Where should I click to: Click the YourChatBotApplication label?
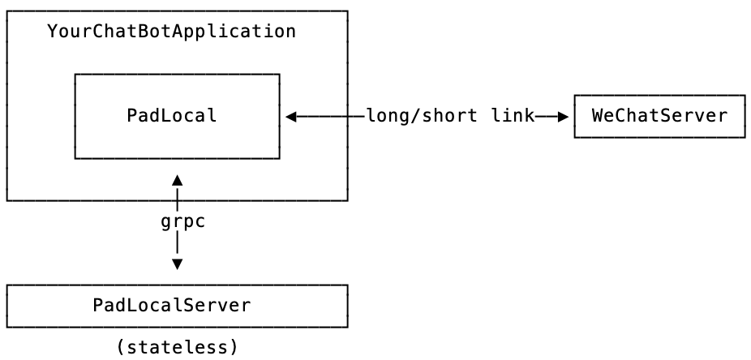(171, 32)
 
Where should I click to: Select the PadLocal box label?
(172, 115)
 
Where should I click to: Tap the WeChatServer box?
(659, 115)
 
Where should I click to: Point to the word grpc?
(182, 221)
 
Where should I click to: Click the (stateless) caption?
(177, 347)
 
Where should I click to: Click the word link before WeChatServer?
(513, 115)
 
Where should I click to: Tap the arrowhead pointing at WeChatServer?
(564, 116)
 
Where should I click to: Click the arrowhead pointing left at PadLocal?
(290, 116)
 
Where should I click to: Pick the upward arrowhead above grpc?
(177, 179)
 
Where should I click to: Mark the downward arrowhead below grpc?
(177, 264)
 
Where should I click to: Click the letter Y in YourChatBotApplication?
(53, 32)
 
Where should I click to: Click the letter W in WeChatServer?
(597, 115)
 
